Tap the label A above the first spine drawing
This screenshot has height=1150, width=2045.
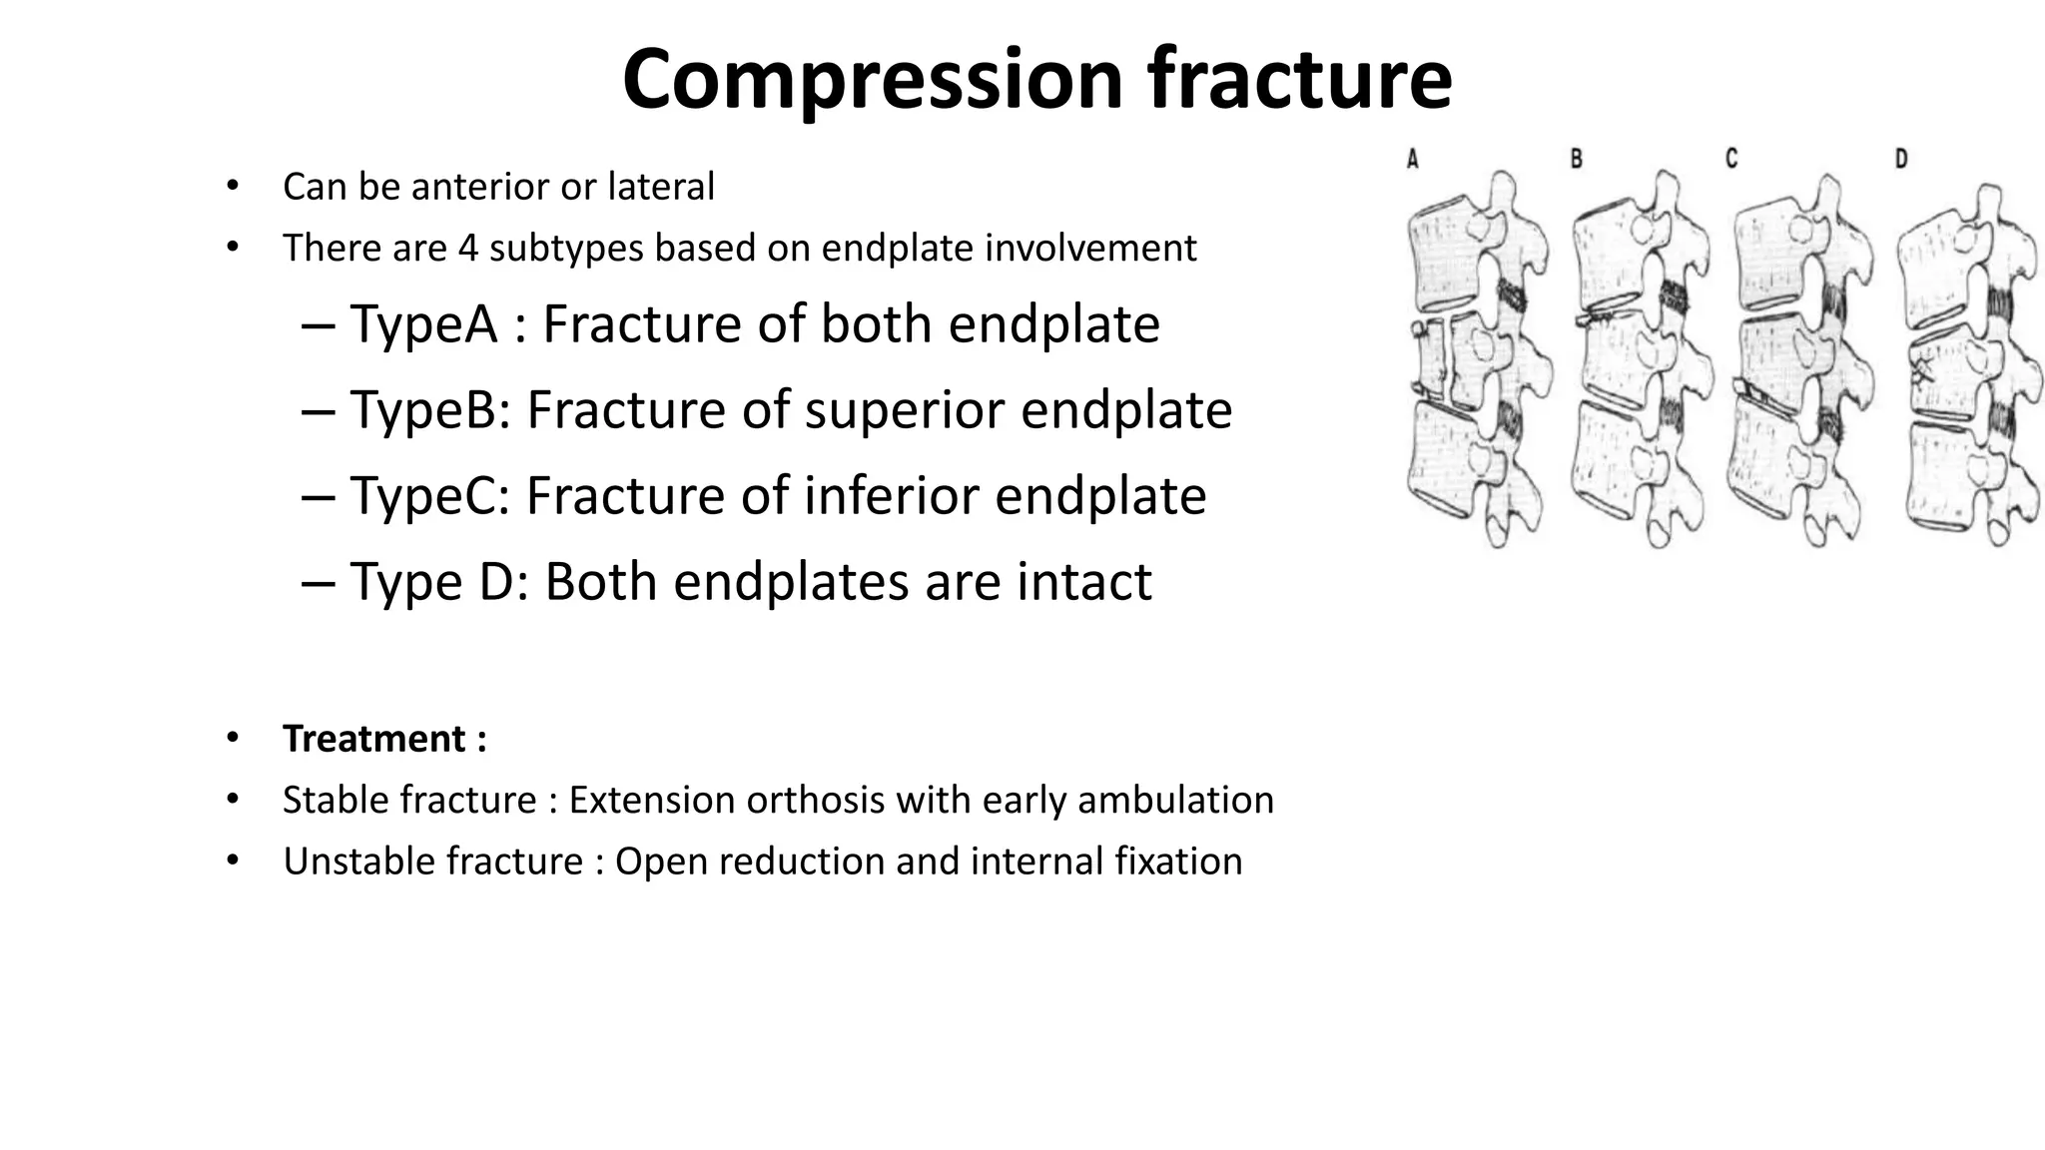(x=1413, y=158)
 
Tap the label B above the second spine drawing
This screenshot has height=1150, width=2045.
(x=1576, y=158)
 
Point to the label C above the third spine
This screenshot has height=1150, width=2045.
(x=1731, y=158)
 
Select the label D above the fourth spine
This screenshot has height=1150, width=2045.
(x=1901, y=158)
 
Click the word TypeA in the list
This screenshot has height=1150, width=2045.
(x=423, y=324)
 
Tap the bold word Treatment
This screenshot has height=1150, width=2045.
(x=374, y=740)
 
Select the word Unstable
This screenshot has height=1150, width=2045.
(x=347, y=862)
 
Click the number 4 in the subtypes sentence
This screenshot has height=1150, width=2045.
(x=467, y=248)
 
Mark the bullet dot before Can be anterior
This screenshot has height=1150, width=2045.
(x=233, y=186)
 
